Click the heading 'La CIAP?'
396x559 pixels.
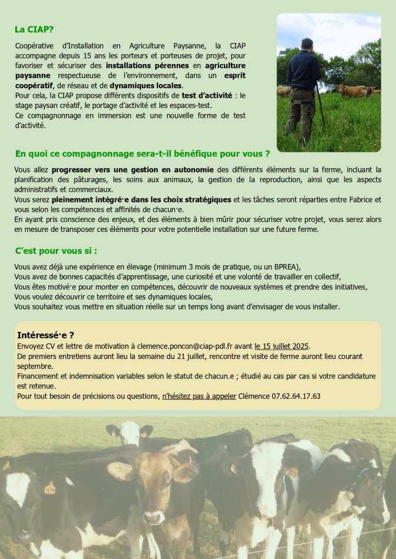pyautogui.click(x=34, y=28)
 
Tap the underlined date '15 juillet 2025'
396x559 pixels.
pyautogui.click(x=282, y=346)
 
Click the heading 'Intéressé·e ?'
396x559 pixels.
pyautogui.click(x=45, y=335)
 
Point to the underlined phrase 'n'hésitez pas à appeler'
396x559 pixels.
pyautogui.click(x=199, y=396)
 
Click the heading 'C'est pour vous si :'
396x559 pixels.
pyautogui.click(x=56, y=251)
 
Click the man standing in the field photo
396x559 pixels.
pyautogui.click(x=303, y=88)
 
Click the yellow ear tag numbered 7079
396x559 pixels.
pyautogui.click(x=49, y=488)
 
